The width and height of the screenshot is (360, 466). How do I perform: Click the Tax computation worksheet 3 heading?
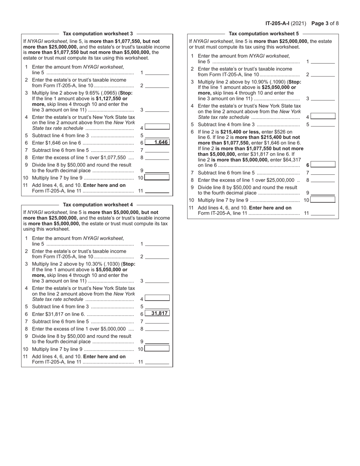pyautogui.click(x=98, y=34)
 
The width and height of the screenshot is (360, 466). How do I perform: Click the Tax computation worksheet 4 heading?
pyautogui.click(x=98, y=204)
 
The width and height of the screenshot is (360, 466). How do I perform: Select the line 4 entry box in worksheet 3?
pyautogui.click(x=157, y=127)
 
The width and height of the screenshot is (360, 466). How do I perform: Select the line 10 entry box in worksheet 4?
pyautogui.click(x=157, y=349)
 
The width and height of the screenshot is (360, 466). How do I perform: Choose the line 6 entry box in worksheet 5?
pyautogui.click(x=323, y=164)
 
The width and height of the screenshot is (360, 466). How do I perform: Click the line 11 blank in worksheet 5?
pyautogui.click(x=323, y=214)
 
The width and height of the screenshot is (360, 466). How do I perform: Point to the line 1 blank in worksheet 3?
pyautogui.click(x=157, y=73)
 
